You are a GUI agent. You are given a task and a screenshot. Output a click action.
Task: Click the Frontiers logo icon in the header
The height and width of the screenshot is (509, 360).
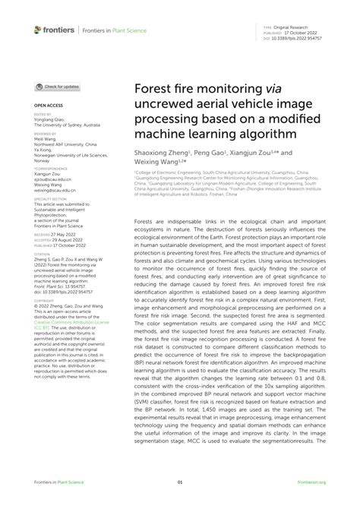39,30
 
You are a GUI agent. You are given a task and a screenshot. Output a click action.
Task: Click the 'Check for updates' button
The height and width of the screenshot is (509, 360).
56,87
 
